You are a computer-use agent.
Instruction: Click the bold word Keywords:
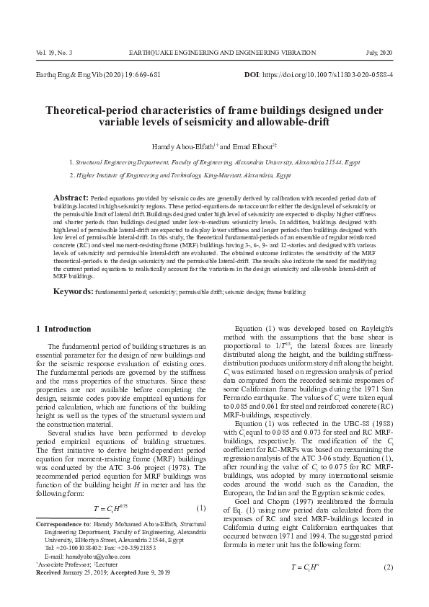tap(72, 292)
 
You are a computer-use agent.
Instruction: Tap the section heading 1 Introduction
tap(63, 329)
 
